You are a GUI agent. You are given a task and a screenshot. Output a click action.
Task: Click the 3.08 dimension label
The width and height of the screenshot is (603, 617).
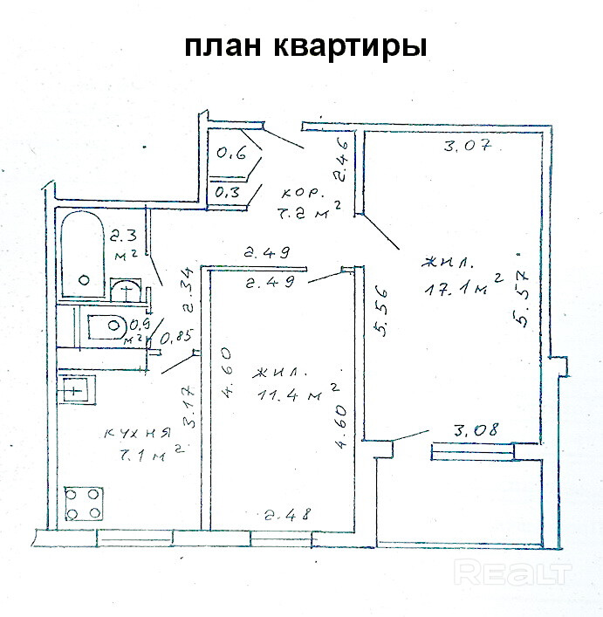[475, 430]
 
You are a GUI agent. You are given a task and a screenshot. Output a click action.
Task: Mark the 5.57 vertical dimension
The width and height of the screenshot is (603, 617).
[524, 297]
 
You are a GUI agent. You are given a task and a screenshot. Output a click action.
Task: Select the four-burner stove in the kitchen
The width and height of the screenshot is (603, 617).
[84, 504]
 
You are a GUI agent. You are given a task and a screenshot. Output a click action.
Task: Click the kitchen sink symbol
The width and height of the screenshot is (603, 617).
[78, 389]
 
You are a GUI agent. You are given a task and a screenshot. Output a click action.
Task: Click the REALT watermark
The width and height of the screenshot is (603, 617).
[515, 573]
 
